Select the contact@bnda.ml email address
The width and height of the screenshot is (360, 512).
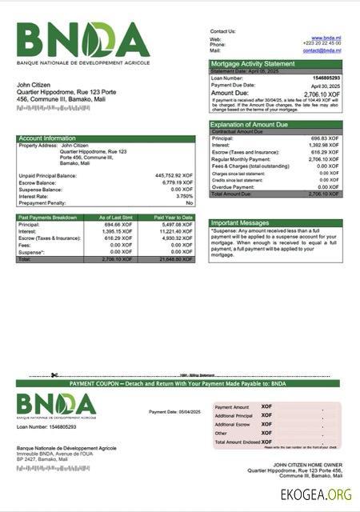(x=322, y=50)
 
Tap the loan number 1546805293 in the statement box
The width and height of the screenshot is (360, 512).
(x=326, y=78)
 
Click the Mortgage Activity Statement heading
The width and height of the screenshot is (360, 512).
(x=252, y=63)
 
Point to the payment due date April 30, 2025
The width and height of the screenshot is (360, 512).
(x=326, y=84)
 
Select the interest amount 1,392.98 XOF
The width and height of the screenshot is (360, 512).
(x=325, y=145)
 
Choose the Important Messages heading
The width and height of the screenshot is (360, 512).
(x=241, y=223)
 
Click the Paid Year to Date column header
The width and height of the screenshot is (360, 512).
(x=174, y=218)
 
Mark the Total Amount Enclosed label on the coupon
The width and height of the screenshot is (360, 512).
(x=238, y=442)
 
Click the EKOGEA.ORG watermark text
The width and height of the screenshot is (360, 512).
(x=316, y=495)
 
